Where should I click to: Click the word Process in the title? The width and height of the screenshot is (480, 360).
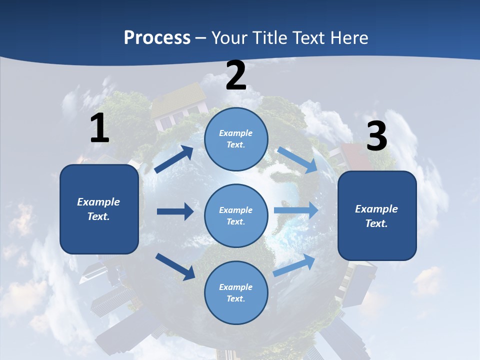point(157,37)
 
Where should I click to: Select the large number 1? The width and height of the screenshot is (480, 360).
point(99,128)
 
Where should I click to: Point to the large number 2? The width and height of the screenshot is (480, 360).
point(236,75)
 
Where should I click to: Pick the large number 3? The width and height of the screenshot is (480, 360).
point(377,135)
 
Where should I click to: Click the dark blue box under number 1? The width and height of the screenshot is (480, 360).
point(99,209)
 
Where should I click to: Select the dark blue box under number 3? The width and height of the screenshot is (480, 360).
point(377,216)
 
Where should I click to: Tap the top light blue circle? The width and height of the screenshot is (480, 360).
point(236,139)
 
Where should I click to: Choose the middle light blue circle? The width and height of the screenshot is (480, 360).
point(236,216)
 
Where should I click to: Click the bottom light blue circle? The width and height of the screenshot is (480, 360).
point(236,292)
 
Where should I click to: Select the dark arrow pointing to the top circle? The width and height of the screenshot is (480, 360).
point(173,159)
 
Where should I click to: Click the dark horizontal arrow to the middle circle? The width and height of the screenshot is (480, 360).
point(175,211)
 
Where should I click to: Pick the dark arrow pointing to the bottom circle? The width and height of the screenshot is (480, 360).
point(175,267)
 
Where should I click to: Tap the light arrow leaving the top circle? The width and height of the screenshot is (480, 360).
point(297,160)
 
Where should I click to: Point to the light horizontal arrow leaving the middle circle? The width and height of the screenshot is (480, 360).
point(296,210)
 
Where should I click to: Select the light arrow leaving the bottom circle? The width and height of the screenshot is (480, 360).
point(294,265)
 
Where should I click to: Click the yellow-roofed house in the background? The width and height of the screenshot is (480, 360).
point(179,105)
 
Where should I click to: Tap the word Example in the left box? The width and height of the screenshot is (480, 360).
point(98,202)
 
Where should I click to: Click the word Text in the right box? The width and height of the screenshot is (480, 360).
point(376,223)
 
